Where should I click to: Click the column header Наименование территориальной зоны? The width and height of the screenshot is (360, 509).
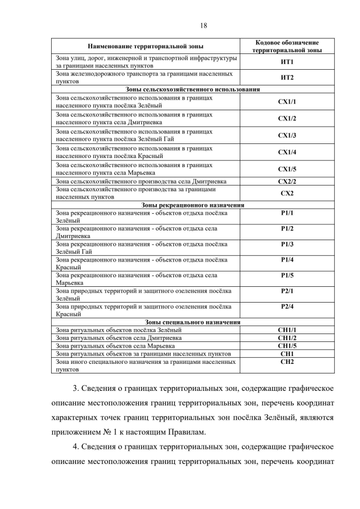tap(146, 46)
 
